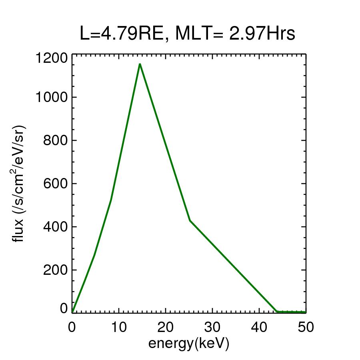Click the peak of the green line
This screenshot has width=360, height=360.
tap(140, 64)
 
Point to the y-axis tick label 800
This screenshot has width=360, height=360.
tap(55, 140)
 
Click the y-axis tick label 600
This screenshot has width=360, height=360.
tap(55, 184)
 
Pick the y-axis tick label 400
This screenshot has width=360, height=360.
tap(55, 227)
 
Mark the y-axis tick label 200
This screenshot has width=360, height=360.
tap(55, 270)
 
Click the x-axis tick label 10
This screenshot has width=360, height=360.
tap(118, 327)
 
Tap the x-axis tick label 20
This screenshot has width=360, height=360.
tap(165, 327)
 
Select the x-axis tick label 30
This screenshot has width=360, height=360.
tap(212, 327)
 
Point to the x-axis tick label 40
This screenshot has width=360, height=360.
tap(259, 327)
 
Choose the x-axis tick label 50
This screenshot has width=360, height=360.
tap(305, 327)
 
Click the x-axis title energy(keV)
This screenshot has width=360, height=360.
tap(188, 343)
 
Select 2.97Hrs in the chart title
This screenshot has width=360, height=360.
tap(262, 34)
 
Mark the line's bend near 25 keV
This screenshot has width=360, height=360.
tap(190, 220)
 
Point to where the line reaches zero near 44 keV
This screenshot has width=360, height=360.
tap(277, 311)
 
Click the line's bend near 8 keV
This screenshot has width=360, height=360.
tap(111, 200)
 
